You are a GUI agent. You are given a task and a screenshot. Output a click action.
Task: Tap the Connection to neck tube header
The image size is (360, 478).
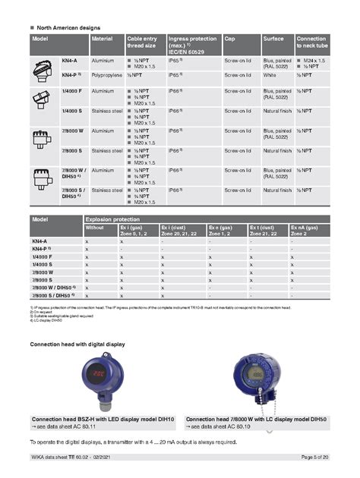pos(311,41)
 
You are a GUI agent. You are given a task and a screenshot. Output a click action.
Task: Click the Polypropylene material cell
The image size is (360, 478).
pos(108,75)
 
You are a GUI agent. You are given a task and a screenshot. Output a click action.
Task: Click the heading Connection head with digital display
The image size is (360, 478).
pos(77,344)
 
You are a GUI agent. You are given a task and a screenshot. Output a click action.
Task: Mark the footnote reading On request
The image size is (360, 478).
pos(40,311)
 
